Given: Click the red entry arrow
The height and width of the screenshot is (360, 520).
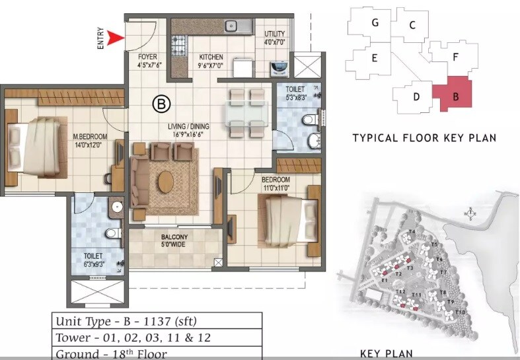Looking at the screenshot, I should point(117,38).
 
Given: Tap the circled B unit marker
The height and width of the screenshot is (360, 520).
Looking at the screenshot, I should point(160,103).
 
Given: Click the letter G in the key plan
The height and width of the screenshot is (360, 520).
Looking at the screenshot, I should point(375,22).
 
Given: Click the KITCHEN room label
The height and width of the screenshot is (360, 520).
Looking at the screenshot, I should point(211,57).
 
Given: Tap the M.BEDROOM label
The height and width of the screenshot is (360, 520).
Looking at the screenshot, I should point(90,137).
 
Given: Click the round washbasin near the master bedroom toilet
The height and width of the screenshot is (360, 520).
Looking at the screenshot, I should point(118,207).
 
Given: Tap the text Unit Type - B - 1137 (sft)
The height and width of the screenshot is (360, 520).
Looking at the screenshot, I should point(126,322).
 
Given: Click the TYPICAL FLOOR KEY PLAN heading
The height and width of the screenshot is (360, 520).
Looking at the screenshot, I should point(424,138).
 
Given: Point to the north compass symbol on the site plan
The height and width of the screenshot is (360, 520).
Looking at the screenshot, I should point(470,213).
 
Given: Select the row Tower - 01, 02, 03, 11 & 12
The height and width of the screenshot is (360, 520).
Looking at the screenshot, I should point(133,338).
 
